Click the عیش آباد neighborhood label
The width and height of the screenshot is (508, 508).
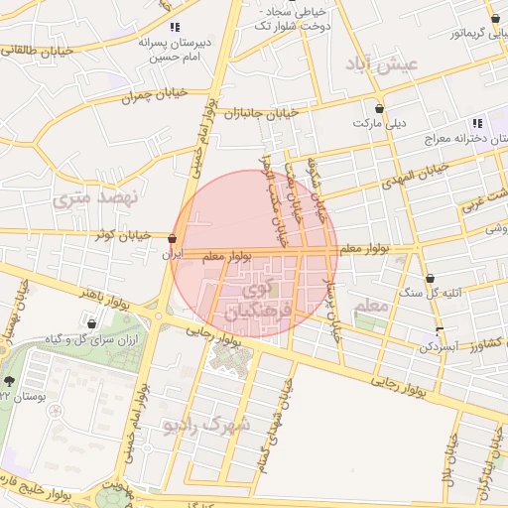click(385, 63)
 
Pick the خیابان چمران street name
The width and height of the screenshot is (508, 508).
click(127, 96)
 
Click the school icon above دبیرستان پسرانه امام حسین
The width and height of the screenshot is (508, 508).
click(176, 28)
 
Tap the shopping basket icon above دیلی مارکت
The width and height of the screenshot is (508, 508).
click(379, 107)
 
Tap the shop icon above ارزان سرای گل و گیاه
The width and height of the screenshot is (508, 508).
click(92, 322)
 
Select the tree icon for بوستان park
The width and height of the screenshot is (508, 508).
click(10, 381)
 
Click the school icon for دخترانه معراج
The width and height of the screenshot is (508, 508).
click(477, 124)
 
